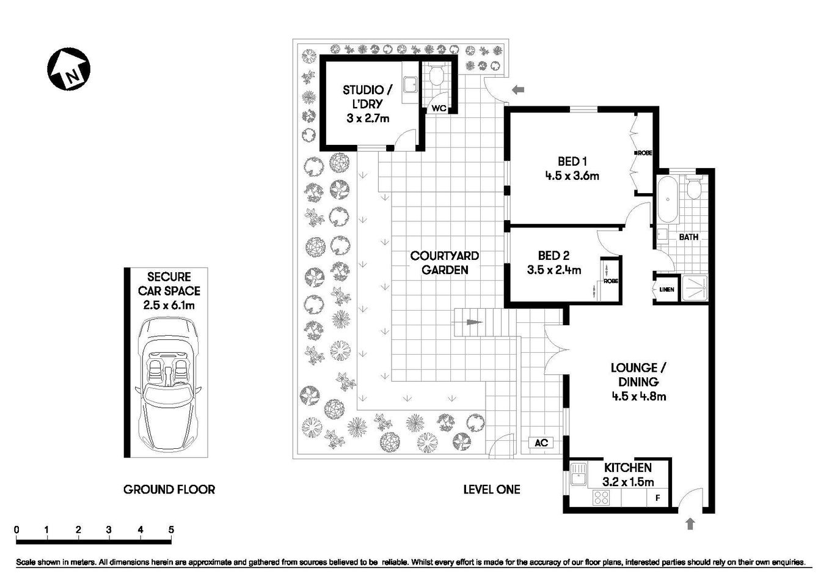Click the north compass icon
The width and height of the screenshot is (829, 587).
pyautogui.click(x=68, y=69)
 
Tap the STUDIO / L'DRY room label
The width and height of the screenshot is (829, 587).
pyautogui.click(x=367, y=97)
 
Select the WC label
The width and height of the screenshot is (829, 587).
pyautogui.click(x=439, y=108)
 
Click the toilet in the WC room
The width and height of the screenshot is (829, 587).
pyautogui.click(x=436, y=76)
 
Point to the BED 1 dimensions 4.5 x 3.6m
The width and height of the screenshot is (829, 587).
pyautogui.click(x=572, y=176)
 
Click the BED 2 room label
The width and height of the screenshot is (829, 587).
pyautogui.click(x=553, y=256)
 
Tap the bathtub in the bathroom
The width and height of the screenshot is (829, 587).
pyautogui.click(x=666, y=199)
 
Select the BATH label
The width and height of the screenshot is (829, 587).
pyautogui.click(x=688, y=237)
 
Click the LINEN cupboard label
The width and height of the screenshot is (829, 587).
pyautogui.click(x=666, y=289)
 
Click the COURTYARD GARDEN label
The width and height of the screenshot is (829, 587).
pyautogui.click(x=444, y=263)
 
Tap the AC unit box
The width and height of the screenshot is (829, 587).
pyautogui.click(x=541, y=443)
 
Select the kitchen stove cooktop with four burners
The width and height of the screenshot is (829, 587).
pyautogui.click(x=601, y=498)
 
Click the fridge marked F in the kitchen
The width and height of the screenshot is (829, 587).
pyautogui.click(x=658, y=498)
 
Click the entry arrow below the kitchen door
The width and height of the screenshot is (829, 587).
pyautogui.click(x=690, y=523)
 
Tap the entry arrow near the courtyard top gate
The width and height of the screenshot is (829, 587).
pyautogui.click(x=518, y=90)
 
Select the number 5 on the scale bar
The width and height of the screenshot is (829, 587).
pyautogui.click(x=171, y=530)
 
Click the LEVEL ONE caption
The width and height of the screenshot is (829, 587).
pyautogui.click(x=491, y=489)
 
